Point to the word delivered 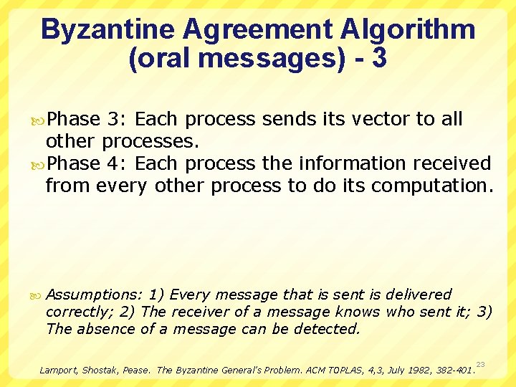point(419,295)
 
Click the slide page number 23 point(480,364)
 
